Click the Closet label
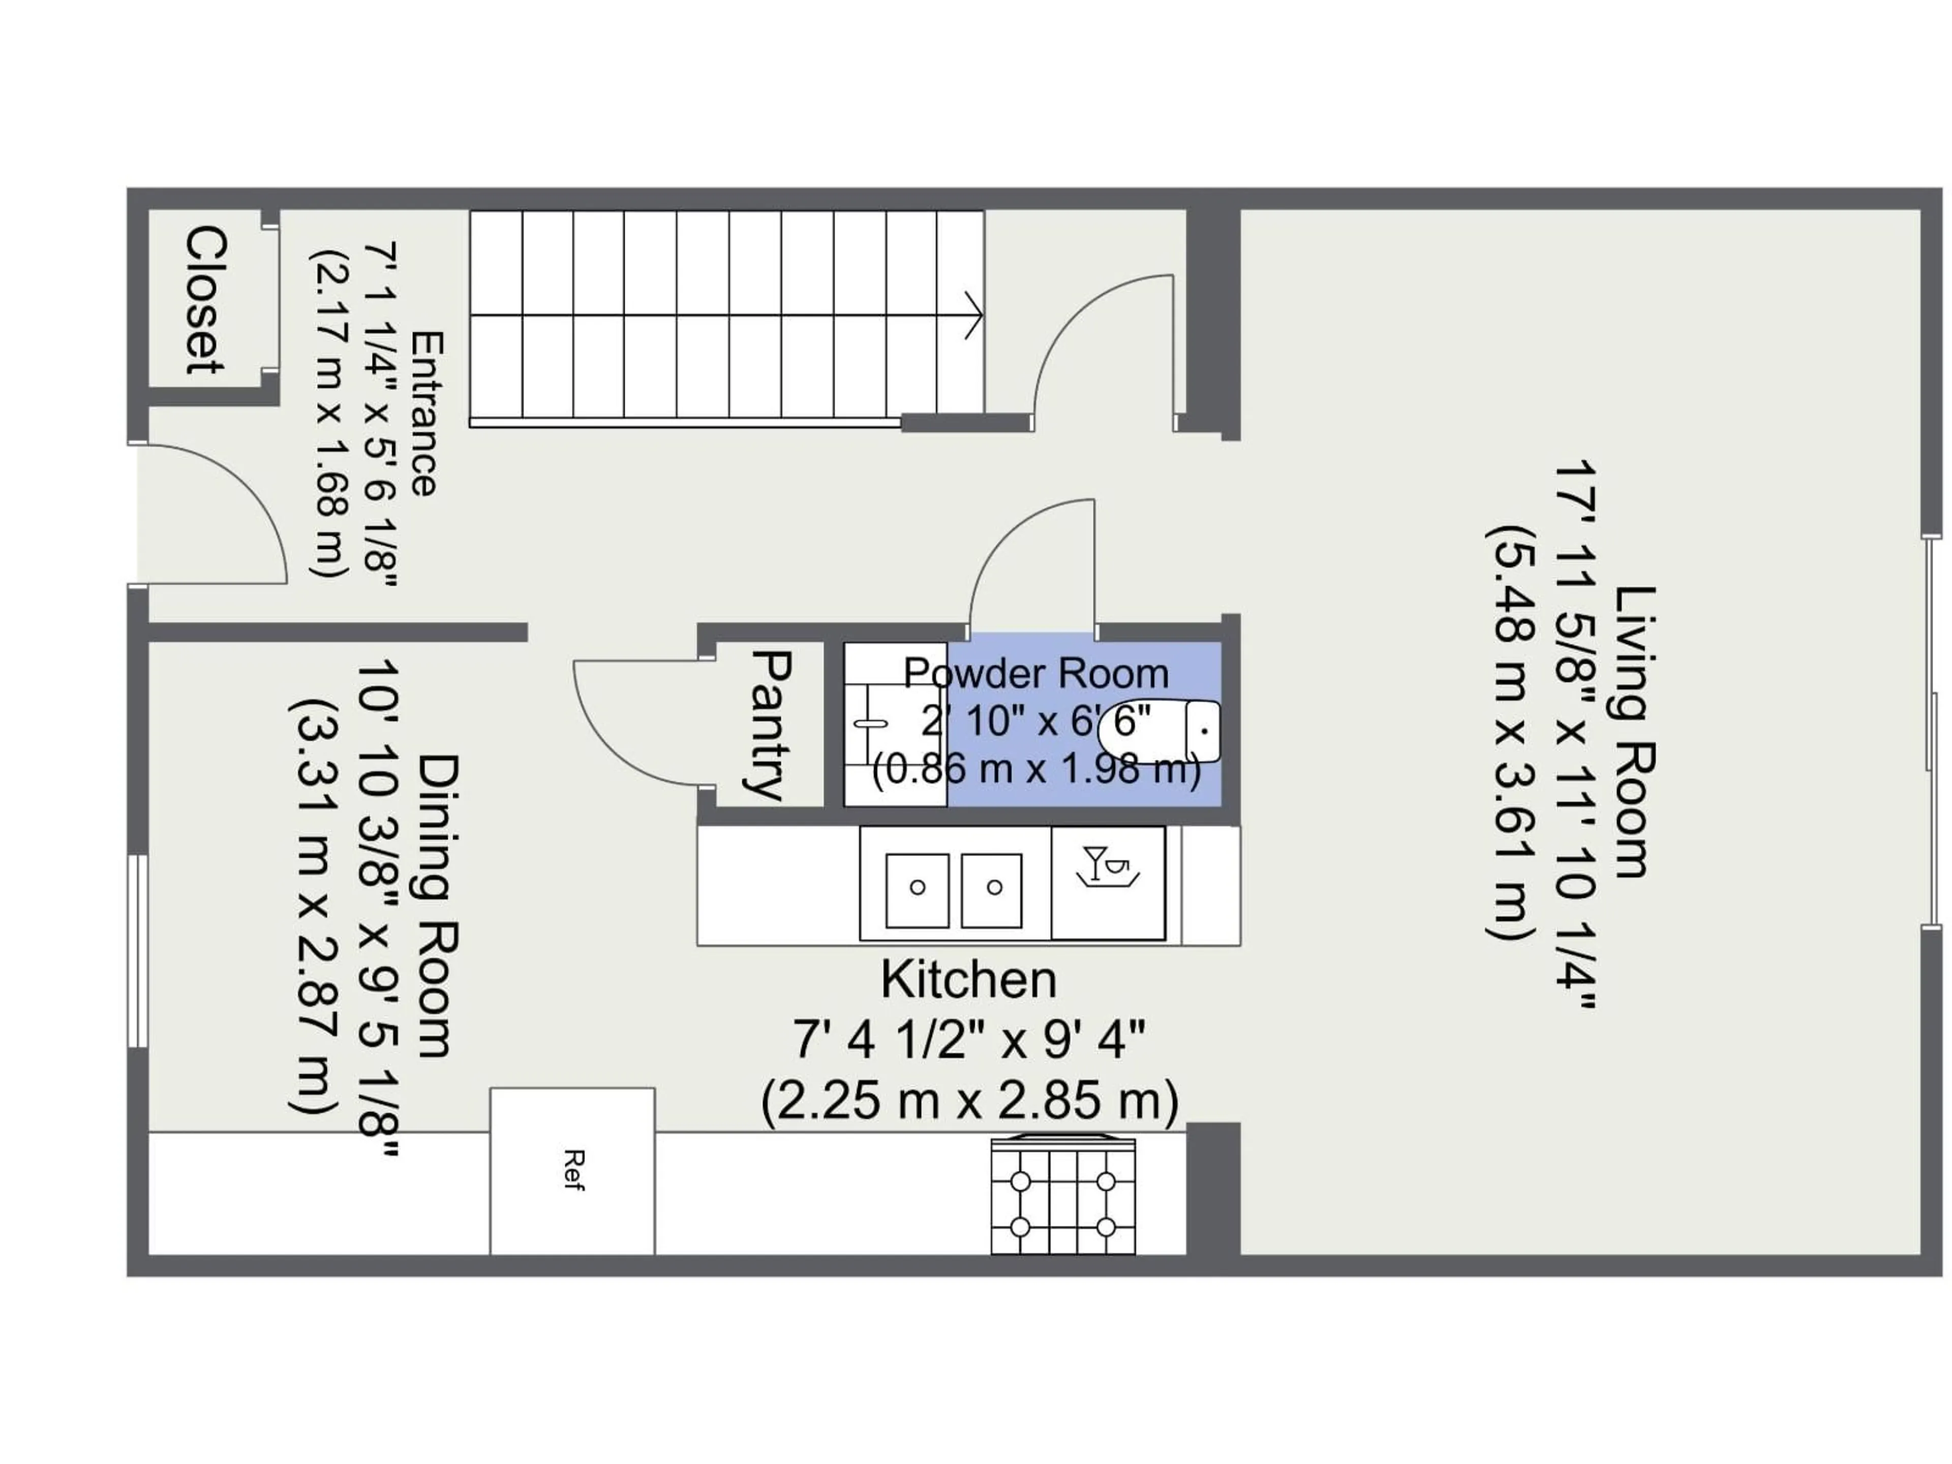[205, 300]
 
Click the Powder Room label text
[1036, 674]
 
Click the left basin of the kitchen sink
[917, 890]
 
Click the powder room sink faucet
[871, 724]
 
